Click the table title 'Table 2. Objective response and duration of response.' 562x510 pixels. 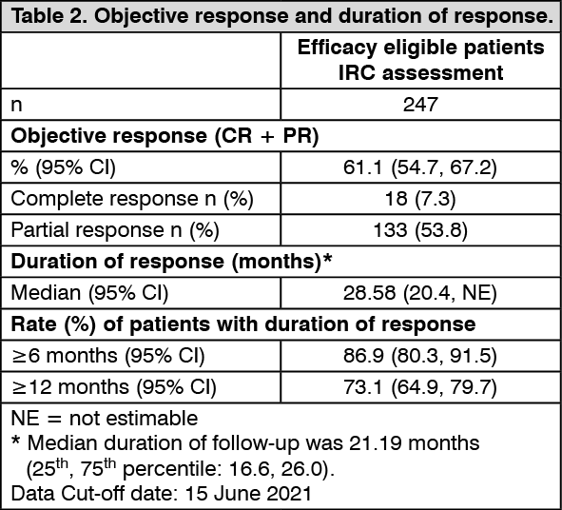coord(282,16)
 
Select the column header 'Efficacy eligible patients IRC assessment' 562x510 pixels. coord(420,60)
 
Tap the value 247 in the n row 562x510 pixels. coord(420,105)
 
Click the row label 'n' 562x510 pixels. coord(16,106)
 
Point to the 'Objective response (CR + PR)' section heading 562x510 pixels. coord(165,136)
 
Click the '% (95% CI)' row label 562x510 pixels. coord(64,167)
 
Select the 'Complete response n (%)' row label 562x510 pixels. coord(132,199)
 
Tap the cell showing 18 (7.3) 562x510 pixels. coord(420,199)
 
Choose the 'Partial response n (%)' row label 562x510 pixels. coord(115,230)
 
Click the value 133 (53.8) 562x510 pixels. coord(420,230)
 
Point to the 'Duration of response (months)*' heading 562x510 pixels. coord(171,262)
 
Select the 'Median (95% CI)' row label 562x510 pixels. coord(89,293)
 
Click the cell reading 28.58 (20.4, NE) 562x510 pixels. coord(420,293)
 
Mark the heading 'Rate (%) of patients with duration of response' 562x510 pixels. coord(243,324)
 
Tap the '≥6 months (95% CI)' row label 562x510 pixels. coord(107,356)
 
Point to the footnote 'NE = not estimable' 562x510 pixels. coord(105,419)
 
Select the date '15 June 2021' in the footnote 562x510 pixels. coord(248,494)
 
